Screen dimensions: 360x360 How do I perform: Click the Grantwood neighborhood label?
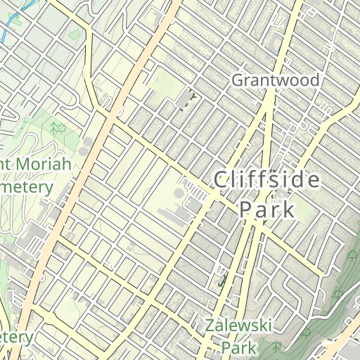276,80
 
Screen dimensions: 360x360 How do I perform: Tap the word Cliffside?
266,180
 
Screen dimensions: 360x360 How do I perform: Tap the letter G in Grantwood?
238,80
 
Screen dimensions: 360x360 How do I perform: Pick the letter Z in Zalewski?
210,326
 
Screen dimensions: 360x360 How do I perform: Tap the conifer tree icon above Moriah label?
53,127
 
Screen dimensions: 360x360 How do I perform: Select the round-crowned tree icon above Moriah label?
63,128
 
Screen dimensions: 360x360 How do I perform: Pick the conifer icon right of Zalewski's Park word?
276,347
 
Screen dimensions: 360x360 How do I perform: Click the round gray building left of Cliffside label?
179,193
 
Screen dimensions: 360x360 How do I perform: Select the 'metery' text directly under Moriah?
26,188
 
